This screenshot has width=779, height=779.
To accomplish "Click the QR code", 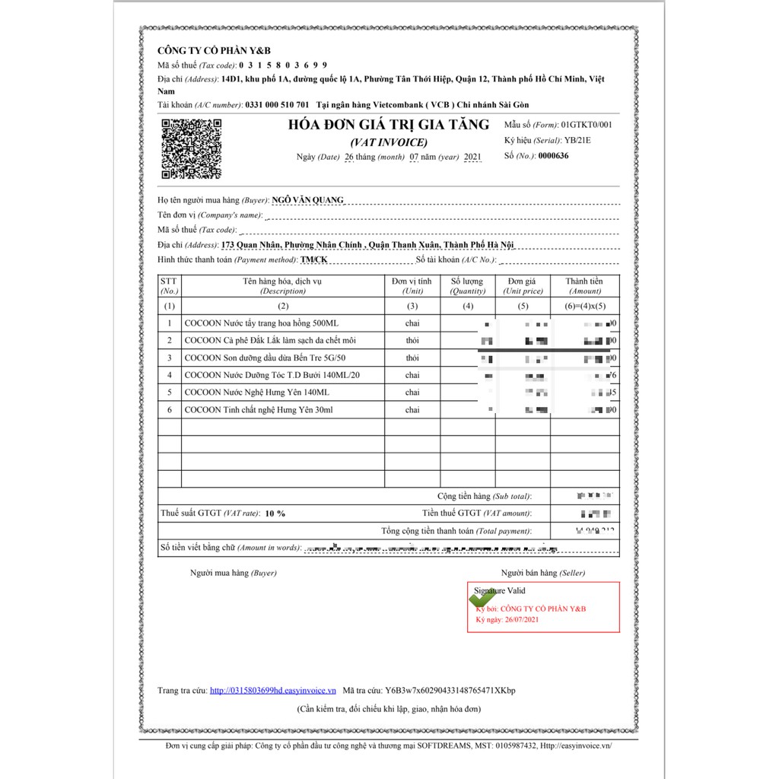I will (x=191, y=149).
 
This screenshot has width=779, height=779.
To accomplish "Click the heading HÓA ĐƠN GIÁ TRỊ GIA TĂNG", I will (x=388, y=125).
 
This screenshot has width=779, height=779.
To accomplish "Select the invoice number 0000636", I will (x=553, y=156).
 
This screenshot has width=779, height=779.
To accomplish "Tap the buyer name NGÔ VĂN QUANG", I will (x=307, y=200).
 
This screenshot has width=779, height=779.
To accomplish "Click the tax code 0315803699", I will (x=281, y=65).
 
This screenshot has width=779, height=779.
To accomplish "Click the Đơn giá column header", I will (x=522, y=285).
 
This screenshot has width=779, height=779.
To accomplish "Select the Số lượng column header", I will (x=467, y=285).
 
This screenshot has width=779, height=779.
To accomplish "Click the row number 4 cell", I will (x=169, y=375).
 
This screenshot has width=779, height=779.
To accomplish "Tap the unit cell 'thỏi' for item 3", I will (x=412, y=358).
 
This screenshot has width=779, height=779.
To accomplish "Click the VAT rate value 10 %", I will (x=275, y=514).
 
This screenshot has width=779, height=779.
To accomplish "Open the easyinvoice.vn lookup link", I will (x=272, y=691).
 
